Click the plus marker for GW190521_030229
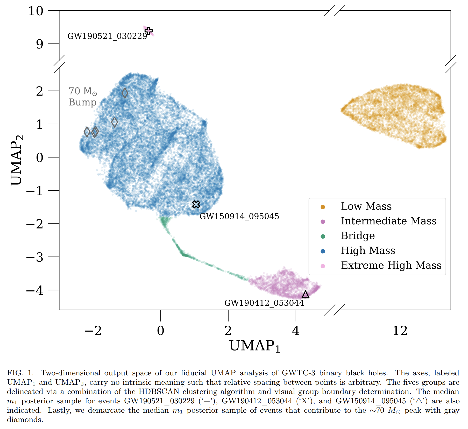148,31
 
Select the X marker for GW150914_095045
196,204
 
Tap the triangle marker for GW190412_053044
306,295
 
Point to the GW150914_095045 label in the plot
239,216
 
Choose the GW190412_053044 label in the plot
264,303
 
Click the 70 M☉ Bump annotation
83,97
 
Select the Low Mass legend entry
366,206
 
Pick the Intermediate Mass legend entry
388,221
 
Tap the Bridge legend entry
358,236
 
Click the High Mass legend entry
368,251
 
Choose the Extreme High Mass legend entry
391,266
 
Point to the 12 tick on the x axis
400,331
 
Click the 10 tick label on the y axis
36,11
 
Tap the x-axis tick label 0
161,331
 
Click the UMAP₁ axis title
255,346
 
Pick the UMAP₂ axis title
17,160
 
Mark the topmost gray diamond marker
125,93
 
